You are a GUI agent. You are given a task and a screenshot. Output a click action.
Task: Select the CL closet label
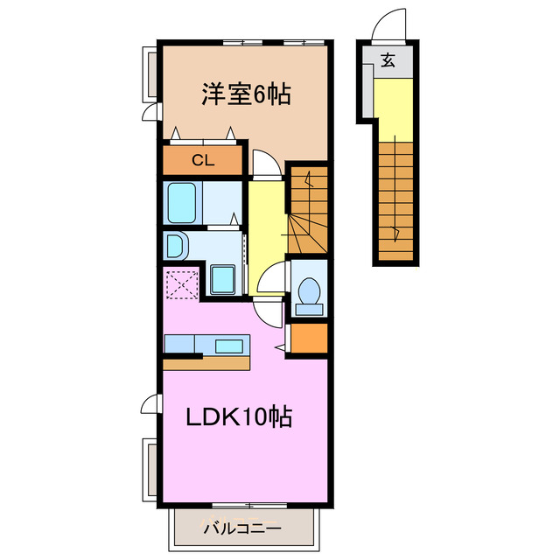(x=202, y=160)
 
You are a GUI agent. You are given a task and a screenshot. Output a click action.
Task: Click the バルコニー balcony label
(x=241, y=528)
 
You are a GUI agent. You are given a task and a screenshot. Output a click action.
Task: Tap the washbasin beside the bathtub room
(x=176, y=246)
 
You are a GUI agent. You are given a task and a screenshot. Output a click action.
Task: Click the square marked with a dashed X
(x=182, y=283)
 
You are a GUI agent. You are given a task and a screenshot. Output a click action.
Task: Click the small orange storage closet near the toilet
(x=308, y=339)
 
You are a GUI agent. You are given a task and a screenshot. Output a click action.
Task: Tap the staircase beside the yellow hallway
(x=308, y=208)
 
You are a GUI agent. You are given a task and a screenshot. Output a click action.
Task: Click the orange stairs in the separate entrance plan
(x=397, y=201)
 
